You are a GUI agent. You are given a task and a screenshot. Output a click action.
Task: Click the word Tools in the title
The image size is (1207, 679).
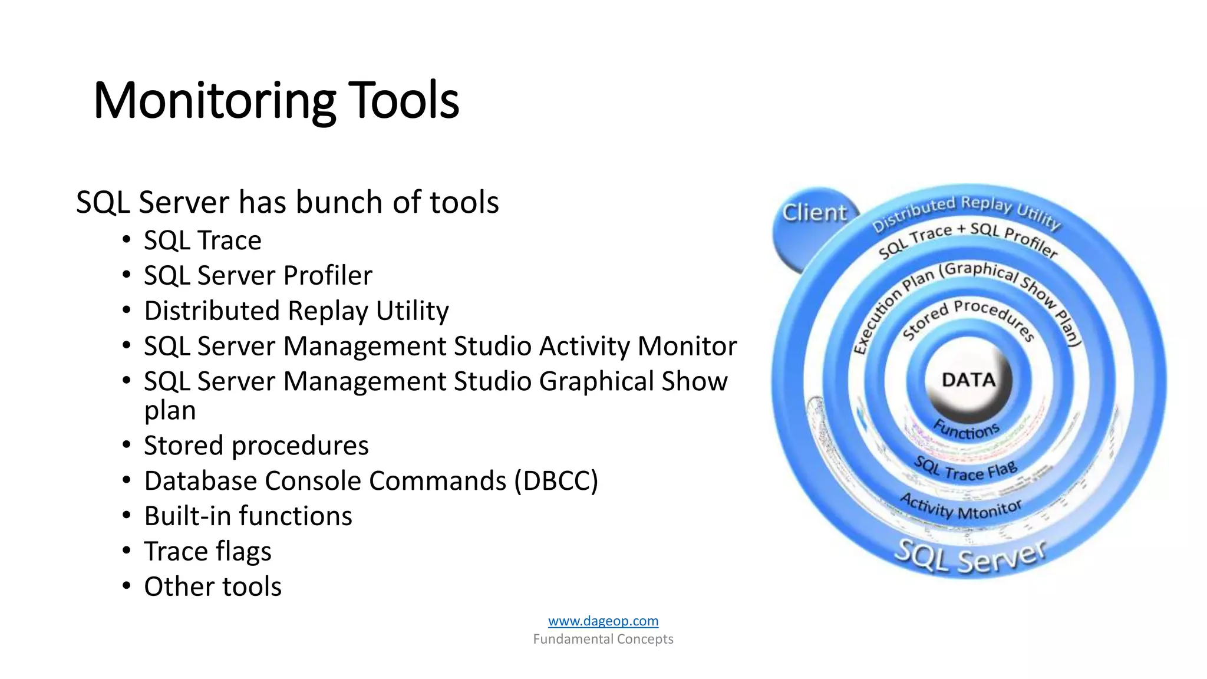point(404,101)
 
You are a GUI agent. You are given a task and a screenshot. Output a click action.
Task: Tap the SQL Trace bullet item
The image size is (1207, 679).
point(202,240)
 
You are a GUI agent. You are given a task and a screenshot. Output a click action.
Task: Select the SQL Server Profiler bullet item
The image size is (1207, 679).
point(258,276)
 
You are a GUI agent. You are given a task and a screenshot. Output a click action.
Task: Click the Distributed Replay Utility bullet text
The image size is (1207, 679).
point(296,311)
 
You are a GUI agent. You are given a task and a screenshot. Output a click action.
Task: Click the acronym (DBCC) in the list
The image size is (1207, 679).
point(556,481)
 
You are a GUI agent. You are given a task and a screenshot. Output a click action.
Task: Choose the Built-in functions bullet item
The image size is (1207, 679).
point(248,516)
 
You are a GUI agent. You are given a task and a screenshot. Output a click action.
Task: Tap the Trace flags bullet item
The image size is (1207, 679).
point(207,552)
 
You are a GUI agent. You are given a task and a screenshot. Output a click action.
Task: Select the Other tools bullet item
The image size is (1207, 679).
point(212,587)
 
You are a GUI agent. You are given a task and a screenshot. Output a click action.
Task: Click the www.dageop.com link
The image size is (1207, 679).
point(603,621)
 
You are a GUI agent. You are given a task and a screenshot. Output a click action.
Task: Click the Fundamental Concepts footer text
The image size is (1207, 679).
point(603,639)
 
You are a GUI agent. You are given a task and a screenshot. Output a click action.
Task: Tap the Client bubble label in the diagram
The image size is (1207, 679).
point(814,213)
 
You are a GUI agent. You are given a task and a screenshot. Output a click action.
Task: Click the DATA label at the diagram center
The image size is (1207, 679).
point(968,380)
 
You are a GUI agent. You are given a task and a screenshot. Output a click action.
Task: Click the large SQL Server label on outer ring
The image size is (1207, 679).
point(969,557)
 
